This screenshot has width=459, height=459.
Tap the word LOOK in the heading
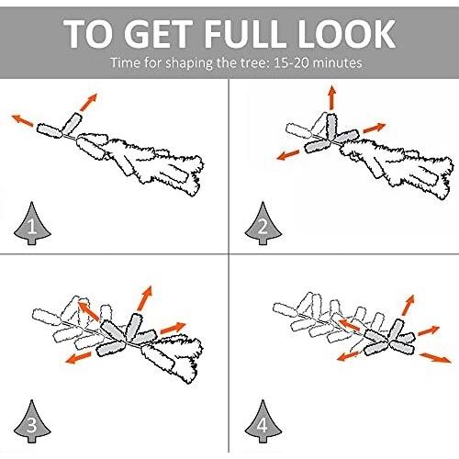click(x=343, y=33)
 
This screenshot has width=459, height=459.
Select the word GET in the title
click(x=158, y=33)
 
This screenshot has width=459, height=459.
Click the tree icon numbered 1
click(x=32, y=223)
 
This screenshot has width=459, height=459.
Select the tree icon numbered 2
click(x=263, y=223)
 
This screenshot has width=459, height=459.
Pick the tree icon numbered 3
click(x=32, y=421)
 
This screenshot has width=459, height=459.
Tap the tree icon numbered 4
click(x=263, y=421)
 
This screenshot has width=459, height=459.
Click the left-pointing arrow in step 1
click(x=22, y=120)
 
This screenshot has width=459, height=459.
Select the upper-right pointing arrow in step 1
click(x=88, y=102)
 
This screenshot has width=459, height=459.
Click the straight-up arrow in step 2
click(x=332, y=97)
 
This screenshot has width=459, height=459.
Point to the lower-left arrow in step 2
click(x=287, y=155)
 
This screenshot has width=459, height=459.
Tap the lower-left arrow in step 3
click(x=78, y=358)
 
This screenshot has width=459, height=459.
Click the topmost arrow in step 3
click(x=145, y=298)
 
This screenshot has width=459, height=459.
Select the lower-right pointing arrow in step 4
click(x=435, y=358)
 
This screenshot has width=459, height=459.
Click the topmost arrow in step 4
click(x=409, y=305)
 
